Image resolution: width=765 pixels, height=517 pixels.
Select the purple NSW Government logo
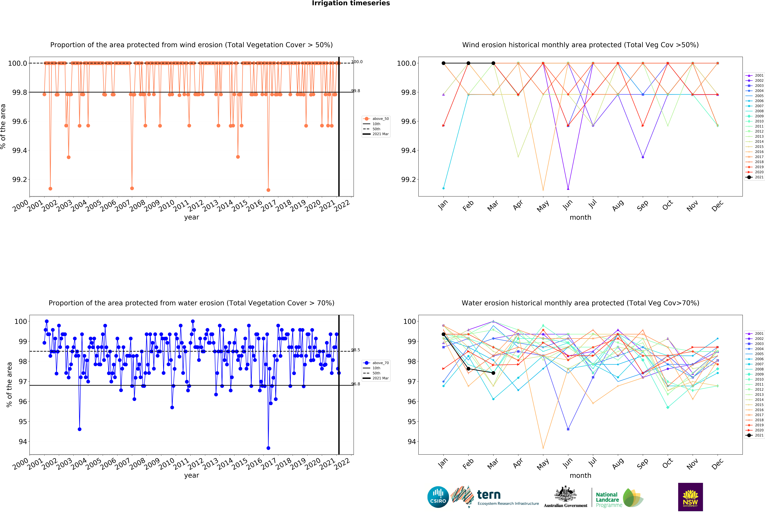(690, 497)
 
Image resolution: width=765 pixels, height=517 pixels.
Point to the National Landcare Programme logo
(619, 498)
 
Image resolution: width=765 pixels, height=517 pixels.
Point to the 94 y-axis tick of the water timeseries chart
(23, 442)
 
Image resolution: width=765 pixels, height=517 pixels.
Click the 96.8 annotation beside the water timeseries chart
(356, 384)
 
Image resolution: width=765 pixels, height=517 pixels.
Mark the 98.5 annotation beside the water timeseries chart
(356, 350)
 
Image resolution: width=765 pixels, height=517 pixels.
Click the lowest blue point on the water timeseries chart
(268, 448)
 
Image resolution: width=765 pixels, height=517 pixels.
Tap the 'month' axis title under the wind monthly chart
(580, 218)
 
